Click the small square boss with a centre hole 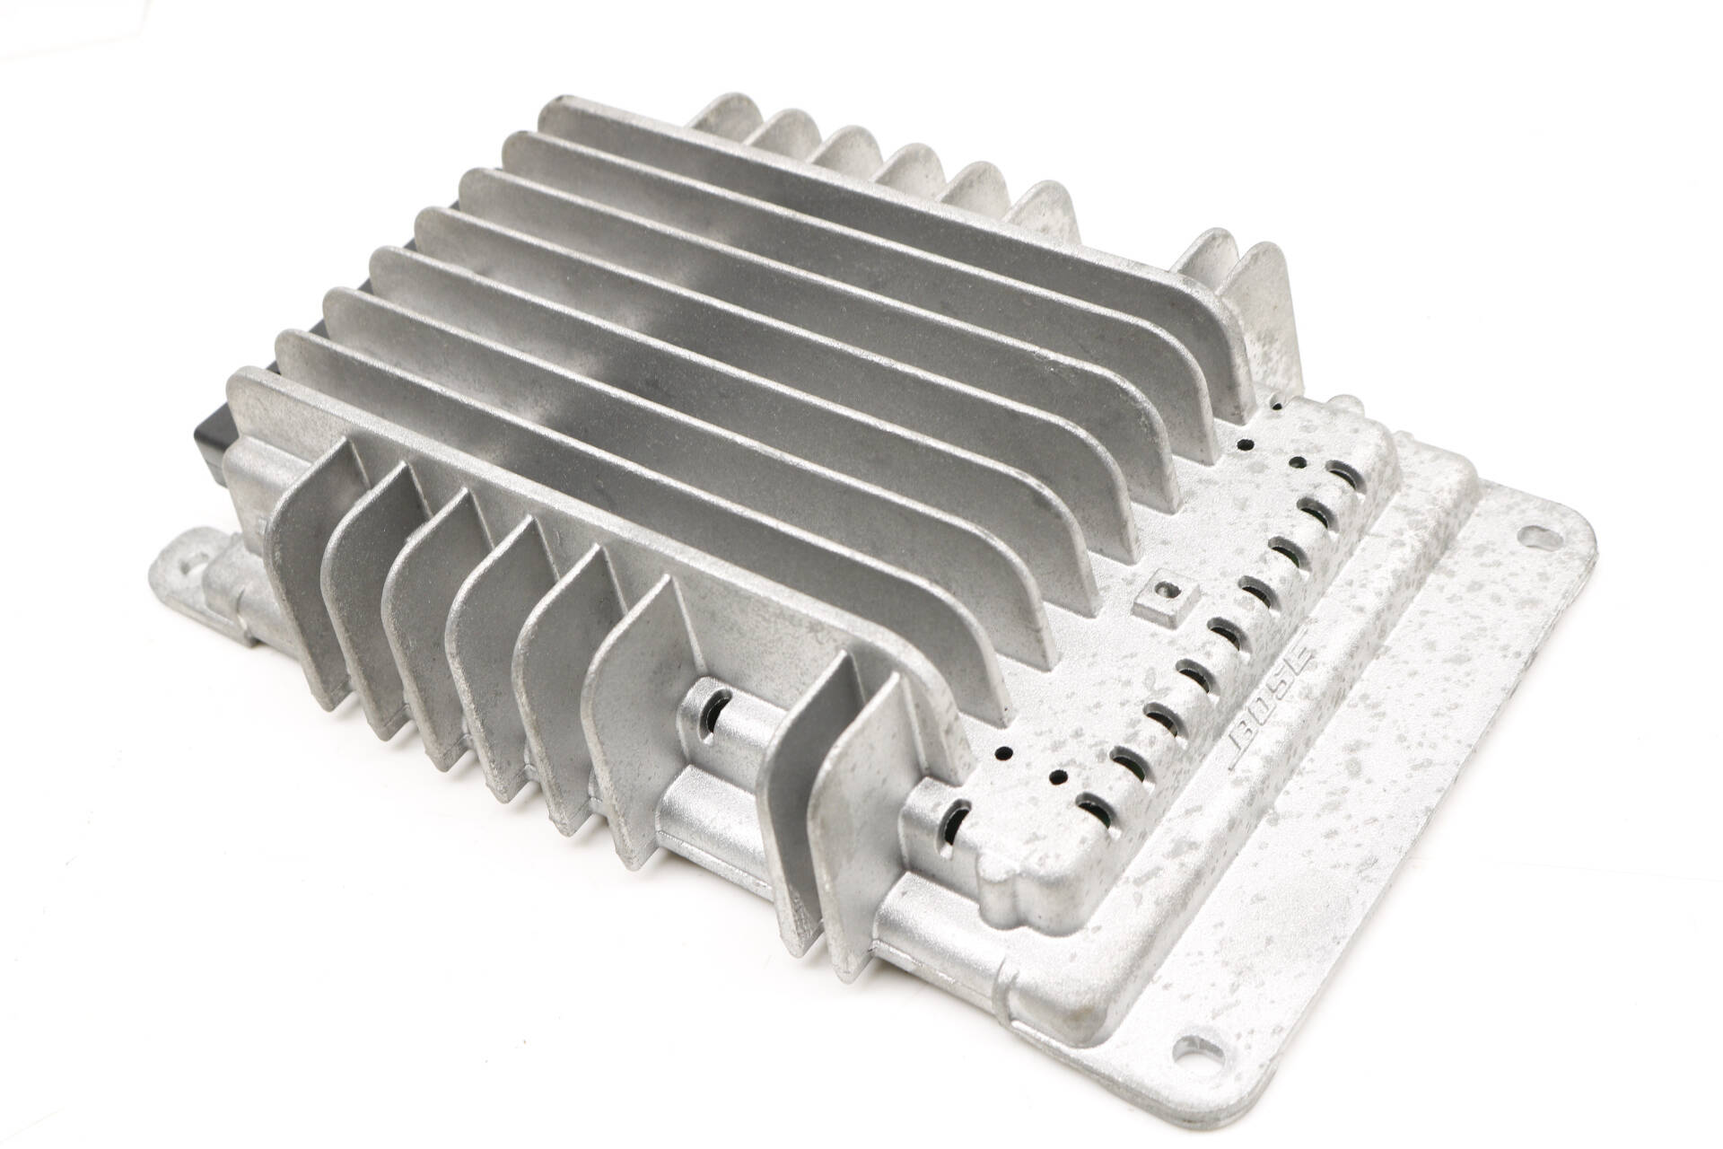pyautogui.click(x=1165, y=592)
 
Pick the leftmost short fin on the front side pyautogui.click(x=301, y=574)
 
